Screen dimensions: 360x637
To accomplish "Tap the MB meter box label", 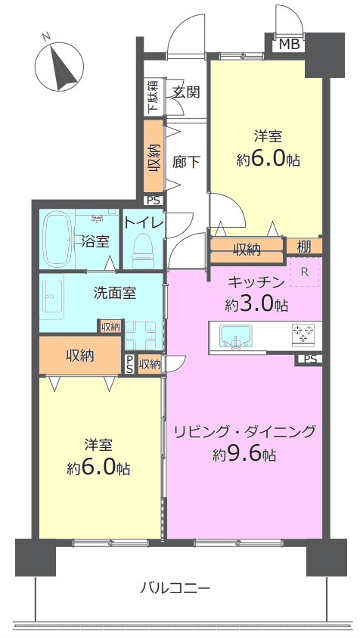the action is (290, 45).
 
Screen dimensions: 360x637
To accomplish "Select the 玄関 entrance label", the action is (186, 92).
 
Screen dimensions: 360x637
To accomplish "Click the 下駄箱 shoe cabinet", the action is (153, 96).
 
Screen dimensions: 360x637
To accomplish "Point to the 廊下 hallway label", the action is (186, 163).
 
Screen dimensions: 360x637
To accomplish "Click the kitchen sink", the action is (236, 337).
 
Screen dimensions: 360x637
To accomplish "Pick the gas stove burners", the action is (303, 333).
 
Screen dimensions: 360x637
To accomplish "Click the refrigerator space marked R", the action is (304, 272).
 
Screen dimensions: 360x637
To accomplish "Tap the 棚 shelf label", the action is (304, 247).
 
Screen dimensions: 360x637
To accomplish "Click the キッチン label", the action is (255, 282).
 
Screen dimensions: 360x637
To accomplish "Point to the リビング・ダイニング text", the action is (244, 431).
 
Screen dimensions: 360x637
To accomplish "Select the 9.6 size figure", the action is (244, 455).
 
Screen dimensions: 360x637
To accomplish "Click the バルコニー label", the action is (175, 587).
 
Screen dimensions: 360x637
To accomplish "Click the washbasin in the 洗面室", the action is (51, 296).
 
